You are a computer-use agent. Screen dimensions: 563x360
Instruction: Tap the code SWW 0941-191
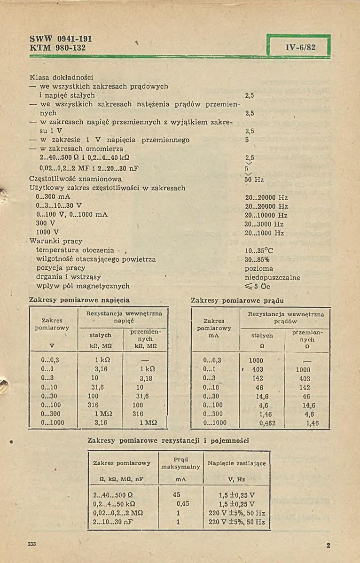pyautogui.click(x=61, y=39)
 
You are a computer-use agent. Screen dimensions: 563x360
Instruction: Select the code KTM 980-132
pyautogui.click(x=58, y=47)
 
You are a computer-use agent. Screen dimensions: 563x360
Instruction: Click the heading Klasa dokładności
pyautogui.click(x=61, y=77)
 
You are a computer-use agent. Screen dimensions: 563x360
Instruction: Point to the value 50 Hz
pyautogui.click(x=254, y=179)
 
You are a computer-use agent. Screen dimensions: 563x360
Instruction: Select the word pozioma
pyautogui.click(x=259, y=268)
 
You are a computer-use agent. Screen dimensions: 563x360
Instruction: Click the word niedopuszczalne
pyautogui.click(x=273, y=277)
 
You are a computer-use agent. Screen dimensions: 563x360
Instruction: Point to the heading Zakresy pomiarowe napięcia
pyautogui.click(x=79, y=300)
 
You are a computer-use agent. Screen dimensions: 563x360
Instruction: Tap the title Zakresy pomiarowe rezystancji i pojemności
pyautogui.click(x=168, y=441)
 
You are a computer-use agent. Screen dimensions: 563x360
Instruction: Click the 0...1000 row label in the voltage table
pyautogui.click(x=53, y=423)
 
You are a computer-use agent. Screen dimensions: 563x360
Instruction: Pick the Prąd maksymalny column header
pyautogui.click(x=180, y=463)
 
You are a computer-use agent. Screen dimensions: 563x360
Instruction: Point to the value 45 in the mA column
pyautogui.click(x=177, y=495)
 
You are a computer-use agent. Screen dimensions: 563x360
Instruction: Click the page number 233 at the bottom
pyautogui.click(x=32, y=544)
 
